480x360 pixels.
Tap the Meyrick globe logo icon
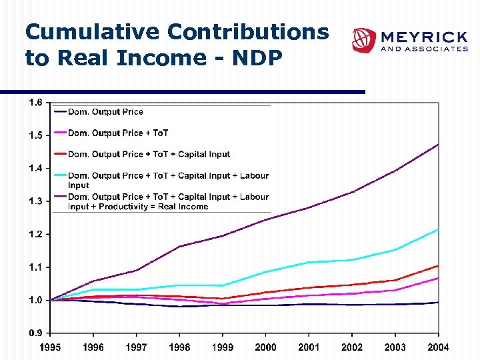tap(364, 40)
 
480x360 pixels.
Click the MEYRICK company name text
tap(423, 36)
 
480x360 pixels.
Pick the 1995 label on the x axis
tap(50, 347)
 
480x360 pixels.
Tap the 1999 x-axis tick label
tap(223, 347)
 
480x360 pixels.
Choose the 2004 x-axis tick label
tap(438, 347)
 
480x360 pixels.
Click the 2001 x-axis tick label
tap(309, 347)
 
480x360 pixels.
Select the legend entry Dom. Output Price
tap(105, 112)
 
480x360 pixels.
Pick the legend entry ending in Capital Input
tap(149, 155)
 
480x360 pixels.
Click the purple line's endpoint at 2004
tap(438, 144)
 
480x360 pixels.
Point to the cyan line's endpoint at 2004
tap(438, 229)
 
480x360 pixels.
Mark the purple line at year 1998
tap(179, 247)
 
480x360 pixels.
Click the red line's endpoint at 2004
tap(438, 266)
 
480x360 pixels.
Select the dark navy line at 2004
tap(438, 302)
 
